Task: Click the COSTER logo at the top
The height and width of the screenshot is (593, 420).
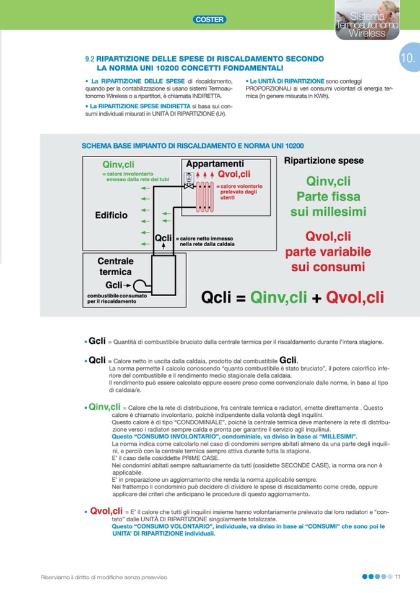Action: tap(209, 20)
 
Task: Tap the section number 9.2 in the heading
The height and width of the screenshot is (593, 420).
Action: tap(89, 59)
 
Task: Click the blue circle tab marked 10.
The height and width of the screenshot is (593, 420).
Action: tap(408, 59)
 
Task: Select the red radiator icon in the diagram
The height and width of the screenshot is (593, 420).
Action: tap(205, 193)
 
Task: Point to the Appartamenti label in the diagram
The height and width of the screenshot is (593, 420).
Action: tap(215, 164)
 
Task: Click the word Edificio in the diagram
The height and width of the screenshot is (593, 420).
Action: tap(112, 215)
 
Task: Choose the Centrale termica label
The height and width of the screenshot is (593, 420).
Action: tap(115, 267)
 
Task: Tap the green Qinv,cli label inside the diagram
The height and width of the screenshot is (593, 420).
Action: tap(118, 164)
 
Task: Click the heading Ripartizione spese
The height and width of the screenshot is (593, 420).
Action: tap(324, 161)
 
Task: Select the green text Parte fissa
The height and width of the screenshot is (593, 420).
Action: tap(328, 197)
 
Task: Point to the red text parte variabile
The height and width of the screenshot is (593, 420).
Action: tap(328, 252)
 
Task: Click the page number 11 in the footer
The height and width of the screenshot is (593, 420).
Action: tap(398, 577)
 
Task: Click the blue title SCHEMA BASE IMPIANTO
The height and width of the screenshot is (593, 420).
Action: tap(193, 146)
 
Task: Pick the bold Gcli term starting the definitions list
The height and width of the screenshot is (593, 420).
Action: tap(97, 341)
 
